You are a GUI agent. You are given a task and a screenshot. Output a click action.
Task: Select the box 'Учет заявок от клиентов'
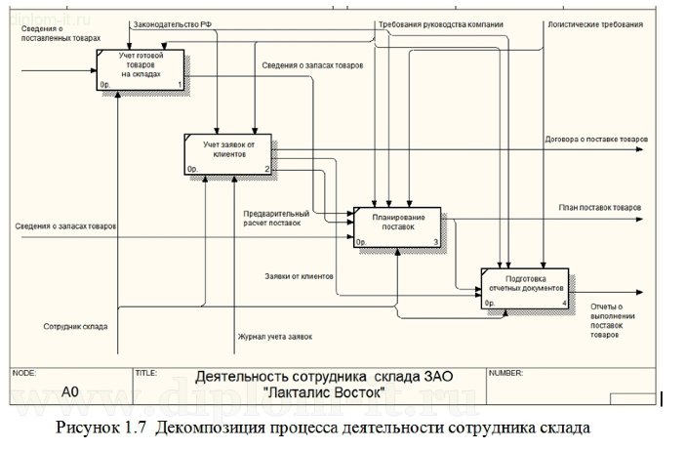tap(226, 153)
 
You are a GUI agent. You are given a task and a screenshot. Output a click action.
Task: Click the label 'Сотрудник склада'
tap(75, 326)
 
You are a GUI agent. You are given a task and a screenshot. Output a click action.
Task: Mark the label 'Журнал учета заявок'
tap(275, 337)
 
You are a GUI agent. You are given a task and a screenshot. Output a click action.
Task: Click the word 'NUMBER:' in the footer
tap(506, 373)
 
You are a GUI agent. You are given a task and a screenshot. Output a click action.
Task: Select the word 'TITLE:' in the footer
tap(147, 373)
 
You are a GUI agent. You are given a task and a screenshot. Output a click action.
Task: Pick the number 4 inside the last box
tap(564, 304)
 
